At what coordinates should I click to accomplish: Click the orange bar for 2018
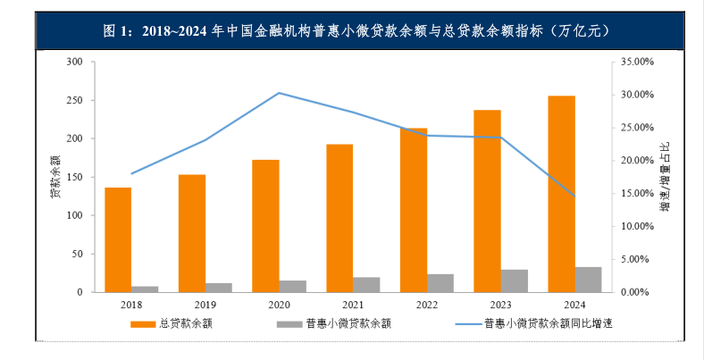coord(118,239)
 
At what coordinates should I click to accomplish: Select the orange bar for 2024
coord(561,194)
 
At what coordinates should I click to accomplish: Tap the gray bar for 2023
coord(514,280)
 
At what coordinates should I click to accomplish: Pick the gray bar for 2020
coord(292,286)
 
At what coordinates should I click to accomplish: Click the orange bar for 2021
coord(339,218)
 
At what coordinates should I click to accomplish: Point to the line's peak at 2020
coord(279,93)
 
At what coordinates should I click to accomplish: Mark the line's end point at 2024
coord(574,197)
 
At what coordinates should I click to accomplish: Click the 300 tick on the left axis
coord(74,62)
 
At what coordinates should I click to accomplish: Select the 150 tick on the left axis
coord(74,177)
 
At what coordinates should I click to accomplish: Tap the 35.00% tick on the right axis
coord(637,62)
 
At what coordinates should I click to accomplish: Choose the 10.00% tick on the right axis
coord(637,226)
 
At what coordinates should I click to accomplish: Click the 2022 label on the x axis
coord(426,305)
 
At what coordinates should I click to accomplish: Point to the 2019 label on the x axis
coord(205,305)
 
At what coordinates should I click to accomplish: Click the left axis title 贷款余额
coord(55,176)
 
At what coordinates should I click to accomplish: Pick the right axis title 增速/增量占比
coord(664,176)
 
